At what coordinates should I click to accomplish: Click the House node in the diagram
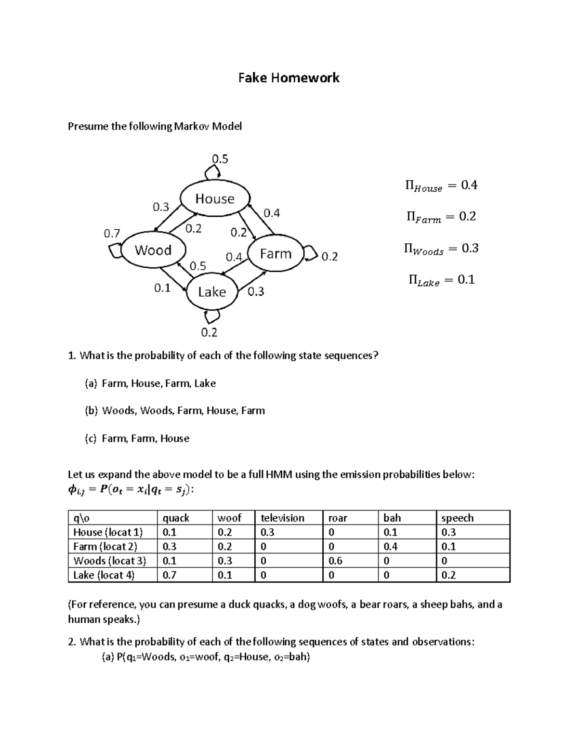coord(214,198)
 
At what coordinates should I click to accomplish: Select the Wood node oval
coord(153,250)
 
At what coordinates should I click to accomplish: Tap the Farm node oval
coord(276,254)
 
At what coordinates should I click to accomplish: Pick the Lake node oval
coord(212,292)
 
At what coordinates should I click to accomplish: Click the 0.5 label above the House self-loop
coord(220,159)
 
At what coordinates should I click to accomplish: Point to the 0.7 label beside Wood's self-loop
coord(112,234)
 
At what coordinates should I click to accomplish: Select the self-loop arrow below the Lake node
coord(212,316)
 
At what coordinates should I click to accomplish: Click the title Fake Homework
coord(289,78)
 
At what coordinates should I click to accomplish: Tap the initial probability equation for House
coord(442,185)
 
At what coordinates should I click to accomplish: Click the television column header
coord(282,518)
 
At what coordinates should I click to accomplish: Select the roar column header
coord(338,518)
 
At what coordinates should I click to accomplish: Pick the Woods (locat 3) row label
coord(109,561)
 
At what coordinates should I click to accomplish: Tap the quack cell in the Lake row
coord(170,575)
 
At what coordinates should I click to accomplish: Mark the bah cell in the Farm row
coord(391,547)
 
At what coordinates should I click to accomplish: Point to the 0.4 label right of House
coord(272,213)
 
